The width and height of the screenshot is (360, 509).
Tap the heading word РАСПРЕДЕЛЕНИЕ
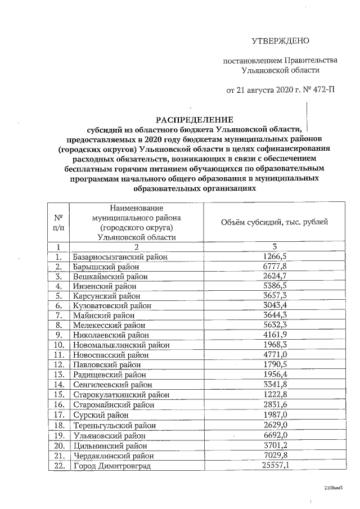(194, 119)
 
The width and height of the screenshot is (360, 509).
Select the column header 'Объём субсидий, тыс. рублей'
(275, 222)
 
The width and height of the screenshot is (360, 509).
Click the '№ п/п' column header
(58, 222)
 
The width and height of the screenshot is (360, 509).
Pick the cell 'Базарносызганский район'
(116, 256)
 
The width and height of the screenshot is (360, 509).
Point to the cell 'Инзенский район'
(101, 286)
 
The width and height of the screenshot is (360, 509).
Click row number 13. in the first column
(58, 374)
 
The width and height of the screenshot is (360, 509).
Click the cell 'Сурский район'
(97, 414)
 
